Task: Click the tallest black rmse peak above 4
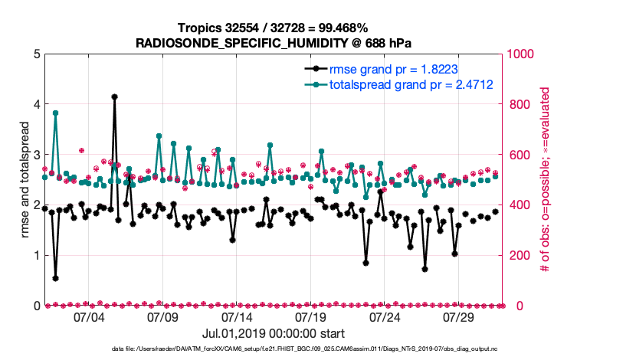[114, 97]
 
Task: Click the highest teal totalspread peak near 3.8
[55, 113]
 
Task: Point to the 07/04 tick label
[88, 316]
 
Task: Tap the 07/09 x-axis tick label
[162, 316]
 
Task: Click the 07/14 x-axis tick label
[237, 316]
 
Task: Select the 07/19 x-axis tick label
[311, 316]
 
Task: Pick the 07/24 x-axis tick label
[385, 316]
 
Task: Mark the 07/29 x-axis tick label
[460, 316]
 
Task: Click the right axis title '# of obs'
[546, 180]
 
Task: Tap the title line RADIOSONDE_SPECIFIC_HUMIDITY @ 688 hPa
[273, 42]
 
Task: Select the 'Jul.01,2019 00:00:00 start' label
[273, 334]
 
